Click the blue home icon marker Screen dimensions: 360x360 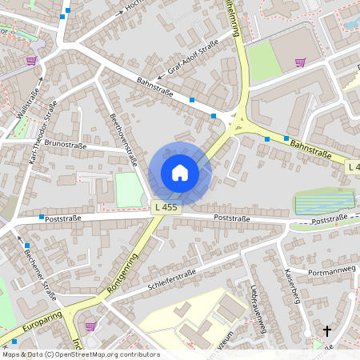click(180, 172)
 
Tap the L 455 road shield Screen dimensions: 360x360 click(164, 207)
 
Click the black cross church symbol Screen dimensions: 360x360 click(326, 330)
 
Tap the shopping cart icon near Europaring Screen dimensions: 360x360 click(90, 326)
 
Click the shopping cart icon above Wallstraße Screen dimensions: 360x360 click(31, 60)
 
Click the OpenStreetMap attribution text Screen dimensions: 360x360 click(80, 354)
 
